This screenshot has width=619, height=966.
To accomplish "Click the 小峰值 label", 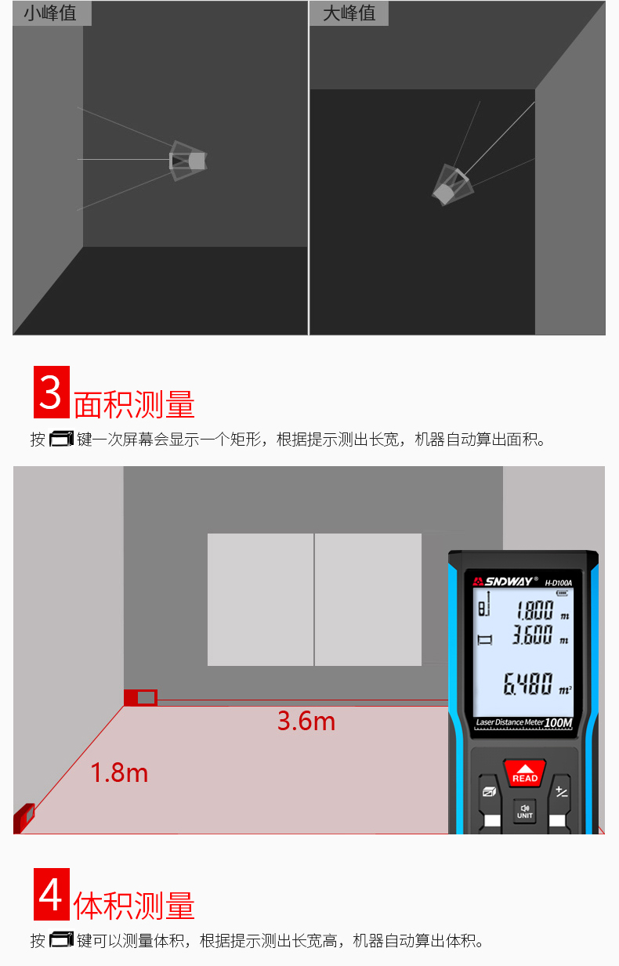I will [x=50, y=13].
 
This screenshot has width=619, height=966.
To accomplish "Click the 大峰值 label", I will [x=349, y=13].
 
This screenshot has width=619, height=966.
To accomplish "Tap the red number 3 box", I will [x=52, y=392].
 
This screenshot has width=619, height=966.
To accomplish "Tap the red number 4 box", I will [x=52, y=894].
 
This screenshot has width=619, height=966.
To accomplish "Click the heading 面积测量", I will [x=134, y=404].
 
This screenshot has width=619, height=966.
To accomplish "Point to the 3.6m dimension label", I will [x=306, y=721].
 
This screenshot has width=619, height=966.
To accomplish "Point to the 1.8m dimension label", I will [x=119, y=772].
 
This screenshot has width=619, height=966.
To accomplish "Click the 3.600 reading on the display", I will [x=533, y=635].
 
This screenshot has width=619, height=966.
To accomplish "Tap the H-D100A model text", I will [x=559, y=582].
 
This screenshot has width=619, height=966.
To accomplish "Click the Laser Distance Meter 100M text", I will [x=523, y=722].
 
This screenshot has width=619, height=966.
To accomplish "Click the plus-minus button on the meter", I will [x=561, y=791].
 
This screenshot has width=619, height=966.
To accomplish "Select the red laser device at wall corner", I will [x=140, y=697].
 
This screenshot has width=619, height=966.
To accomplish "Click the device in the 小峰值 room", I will [x=189, y=161].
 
